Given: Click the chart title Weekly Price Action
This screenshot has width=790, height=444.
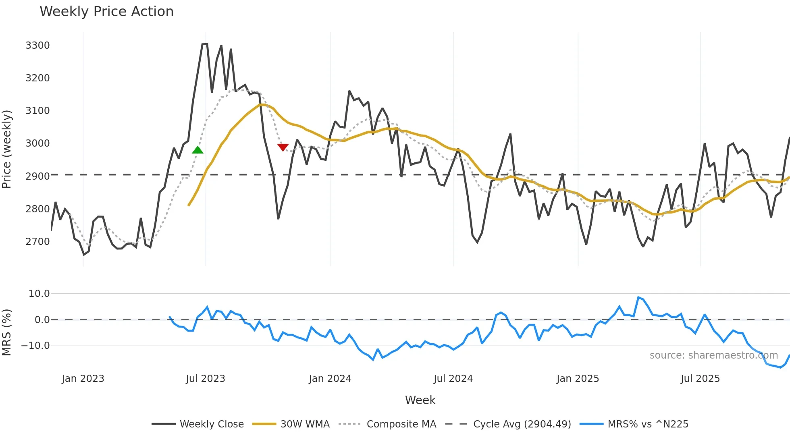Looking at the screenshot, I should [106, 12].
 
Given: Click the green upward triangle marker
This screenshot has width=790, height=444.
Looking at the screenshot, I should [197, 150].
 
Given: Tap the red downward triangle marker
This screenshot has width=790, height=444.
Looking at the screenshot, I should [283, 147].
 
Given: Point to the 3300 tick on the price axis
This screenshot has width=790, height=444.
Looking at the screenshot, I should [37, 46].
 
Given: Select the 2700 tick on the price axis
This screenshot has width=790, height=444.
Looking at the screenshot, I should [37, 242].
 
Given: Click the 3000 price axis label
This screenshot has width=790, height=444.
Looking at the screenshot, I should [37, 143].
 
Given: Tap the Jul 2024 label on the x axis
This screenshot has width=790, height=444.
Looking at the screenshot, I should [453, 379].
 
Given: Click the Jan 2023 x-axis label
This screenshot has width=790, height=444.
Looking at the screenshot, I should [83, 379].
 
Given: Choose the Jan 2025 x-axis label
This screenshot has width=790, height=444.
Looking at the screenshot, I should [578, 379].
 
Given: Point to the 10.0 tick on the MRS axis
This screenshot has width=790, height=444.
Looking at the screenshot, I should [39, 294].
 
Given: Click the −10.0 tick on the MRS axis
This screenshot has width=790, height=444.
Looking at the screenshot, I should [35, 346].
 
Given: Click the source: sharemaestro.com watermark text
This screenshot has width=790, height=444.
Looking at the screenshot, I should [713, 355].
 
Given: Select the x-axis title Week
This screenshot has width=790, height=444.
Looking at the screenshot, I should [420, 400].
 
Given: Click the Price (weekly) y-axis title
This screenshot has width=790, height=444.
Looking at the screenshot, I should [7, 149].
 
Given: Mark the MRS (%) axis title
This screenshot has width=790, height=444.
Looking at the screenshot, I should [7, 332].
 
